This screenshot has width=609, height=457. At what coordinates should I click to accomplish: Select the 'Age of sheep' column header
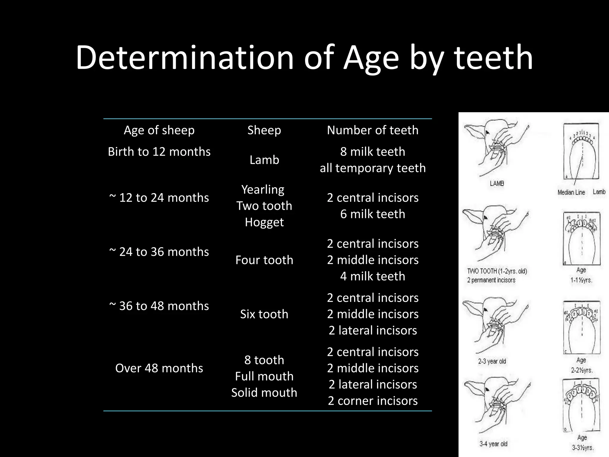(x=159, y=130)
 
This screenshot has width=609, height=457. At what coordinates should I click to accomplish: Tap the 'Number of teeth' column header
(x=373, y=130)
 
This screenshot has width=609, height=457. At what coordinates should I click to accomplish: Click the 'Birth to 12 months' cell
(x=159, y=152)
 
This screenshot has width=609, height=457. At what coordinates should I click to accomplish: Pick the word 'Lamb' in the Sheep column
(x=264, y=160)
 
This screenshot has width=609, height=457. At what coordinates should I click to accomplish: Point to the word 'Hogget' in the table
(x=264, y=222)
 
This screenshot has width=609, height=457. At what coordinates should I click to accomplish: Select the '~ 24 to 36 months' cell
(x=159, y=252)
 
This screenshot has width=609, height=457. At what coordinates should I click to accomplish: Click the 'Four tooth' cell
(x=264, y=260)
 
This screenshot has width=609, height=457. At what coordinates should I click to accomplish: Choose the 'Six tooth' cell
(x=264, y=314)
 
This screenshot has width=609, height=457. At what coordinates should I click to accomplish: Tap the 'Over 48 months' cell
(x=159, y=368)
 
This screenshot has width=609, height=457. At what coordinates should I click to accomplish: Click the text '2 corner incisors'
(x=373, y=401)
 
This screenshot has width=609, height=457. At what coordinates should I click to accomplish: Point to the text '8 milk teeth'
(x=373, y=152)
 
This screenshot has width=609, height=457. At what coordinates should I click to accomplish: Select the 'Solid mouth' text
(x=264, y=393)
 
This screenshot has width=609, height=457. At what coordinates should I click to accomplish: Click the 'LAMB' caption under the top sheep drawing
(x=497, y=184)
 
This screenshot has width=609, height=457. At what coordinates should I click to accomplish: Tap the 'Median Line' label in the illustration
(x=571, y=192)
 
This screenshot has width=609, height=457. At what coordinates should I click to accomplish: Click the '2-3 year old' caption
(x=492, y=361)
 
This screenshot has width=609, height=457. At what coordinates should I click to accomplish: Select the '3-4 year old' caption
(x=493, y=444)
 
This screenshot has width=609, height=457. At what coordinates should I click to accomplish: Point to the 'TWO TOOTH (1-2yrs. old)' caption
(x=497, y=271)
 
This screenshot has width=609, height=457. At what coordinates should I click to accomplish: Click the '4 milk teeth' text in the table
(x=373, y=276)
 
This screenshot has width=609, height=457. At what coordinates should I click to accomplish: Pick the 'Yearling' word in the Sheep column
(x=263, y=190)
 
